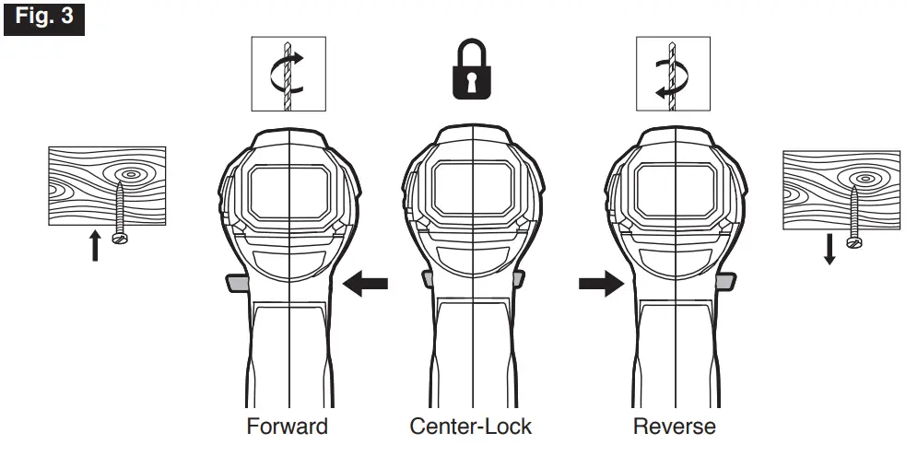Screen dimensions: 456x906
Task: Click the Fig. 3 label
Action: (44, 18)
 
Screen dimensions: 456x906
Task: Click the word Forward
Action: (287, 427)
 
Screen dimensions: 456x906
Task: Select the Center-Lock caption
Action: (471, 427)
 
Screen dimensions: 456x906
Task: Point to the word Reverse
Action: (674, 427)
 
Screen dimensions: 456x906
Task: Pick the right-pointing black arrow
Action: (601, 286)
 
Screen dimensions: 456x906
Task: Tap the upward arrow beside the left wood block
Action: (94, 246)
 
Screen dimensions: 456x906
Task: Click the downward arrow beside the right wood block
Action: (830, 249)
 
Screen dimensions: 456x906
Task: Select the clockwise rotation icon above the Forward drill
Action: (288, 75)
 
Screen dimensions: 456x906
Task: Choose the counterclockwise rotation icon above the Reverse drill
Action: (674, 75)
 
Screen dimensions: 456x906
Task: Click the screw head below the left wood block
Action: (118, 238)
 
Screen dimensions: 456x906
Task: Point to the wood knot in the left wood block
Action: (128, 172)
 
